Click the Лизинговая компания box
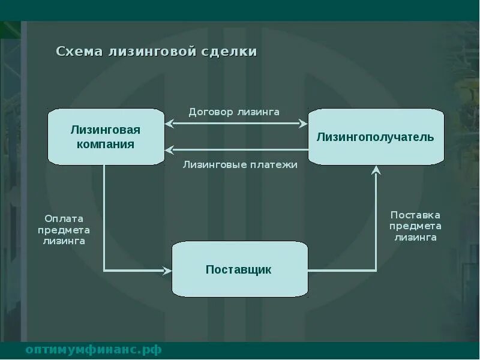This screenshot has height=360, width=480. tap(106, 137)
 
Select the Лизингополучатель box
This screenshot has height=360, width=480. tap(376, 137)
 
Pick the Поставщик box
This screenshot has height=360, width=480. tap(239, 269)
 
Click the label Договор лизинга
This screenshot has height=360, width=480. tap(234, 112)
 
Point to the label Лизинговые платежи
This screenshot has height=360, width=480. tap(240, 164)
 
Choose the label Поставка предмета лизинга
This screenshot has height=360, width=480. tap(415, 226)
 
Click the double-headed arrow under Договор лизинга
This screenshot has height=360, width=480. tap(236, 124)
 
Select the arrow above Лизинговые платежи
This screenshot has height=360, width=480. tap(236, 150)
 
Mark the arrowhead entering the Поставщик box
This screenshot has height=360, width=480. tap(168, 271)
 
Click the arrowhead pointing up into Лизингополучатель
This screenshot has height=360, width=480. tap(376, 170)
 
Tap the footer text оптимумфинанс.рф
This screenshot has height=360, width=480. tap(94, 350)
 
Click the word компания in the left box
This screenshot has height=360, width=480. tap(106, 144)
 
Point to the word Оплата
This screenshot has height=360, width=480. tap(64, 219)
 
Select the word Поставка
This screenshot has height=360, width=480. tap(415, 215)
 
